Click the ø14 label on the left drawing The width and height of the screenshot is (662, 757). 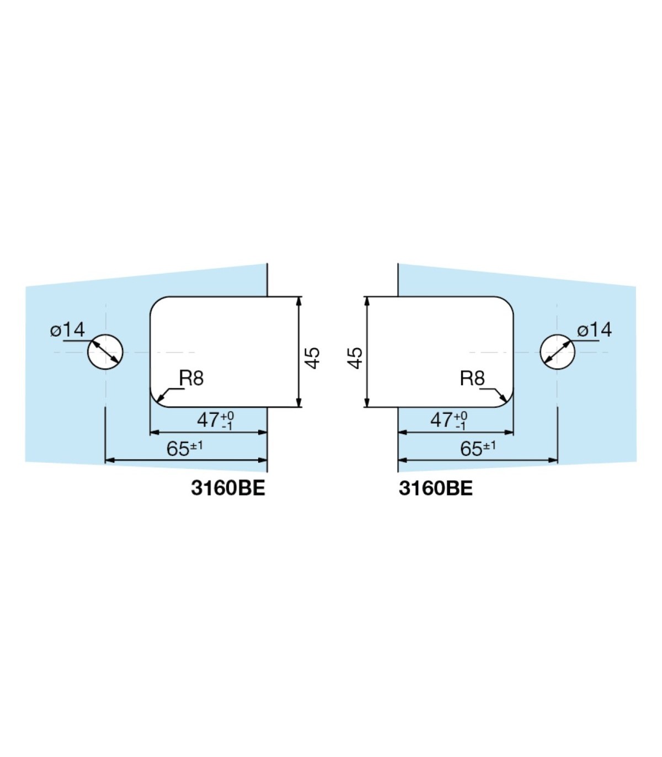pyautogui.click(x=67, y=329)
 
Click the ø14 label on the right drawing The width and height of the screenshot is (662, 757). pyautogui.click(x=594, y=329)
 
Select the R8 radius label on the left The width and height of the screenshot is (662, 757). pyautogui.click(x=191, y=378)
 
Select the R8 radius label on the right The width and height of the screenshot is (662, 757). pyautogui.click(x=472, y=378)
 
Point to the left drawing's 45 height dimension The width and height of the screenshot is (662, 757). pyautogui.click(x=313, y=358)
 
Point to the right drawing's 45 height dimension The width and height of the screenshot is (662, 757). pyautogui.click(x=355, y=358)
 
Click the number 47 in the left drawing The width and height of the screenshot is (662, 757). pyautogui.click(x=209, y=420)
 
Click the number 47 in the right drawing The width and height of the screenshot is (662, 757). pyautogui.click(x=442, y=420)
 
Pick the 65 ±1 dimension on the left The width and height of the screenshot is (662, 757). pyautogui.click(x=185, y=449)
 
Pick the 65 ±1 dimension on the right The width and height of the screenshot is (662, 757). pyautogui.click(x=478, y=449)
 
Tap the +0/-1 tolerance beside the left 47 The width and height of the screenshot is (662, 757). pyautogui.click(x=227, y=421)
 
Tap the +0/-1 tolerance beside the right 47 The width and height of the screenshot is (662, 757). pyautogui.click(x=461, y=421)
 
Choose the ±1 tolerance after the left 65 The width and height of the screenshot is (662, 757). pyautogui.click(x=196, y=445)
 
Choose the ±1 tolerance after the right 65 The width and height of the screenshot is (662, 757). pyautogui.click(x=489, y=445)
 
